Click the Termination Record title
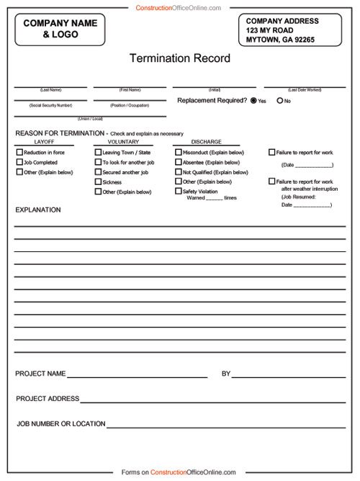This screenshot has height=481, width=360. tap(179, 58)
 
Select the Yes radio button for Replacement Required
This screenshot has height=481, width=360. tap(253, 101)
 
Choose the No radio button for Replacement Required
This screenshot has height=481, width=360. tap(279, 101)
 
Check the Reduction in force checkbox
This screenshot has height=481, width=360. tap(19, 153)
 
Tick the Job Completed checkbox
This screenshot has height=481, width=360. tap(19, 163)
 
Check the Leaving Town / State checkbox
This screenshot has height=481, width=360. tap(98, 153)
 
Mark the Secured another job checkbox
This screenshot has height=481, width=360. tap(98, 173)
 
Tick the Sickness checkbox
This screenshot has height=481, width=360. tap(98, 182)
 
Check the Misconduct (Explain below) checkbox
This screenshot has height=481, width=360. tap(178, 153)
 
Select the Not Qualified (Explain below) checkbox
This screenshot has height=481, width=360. tap(178, 172)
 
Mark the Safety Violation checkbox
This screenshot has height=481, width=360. tap(178, 192)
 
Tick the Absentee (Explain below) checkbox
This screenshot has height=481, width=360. tap(178, 163)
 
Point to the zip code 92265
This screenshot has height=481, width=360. tap(302, 40)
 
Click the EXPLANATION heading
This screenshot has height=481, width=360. tap(38, 210)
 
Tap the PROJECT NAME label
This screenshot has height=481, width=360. tap(40, 374)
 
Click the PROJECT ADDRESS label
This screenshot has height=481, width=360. tap(48, 398)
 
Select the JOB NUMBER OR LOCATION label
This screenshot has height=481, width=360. tap(61, 423)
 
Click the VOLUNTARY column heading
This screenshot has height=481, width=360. tap(112, 142)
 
